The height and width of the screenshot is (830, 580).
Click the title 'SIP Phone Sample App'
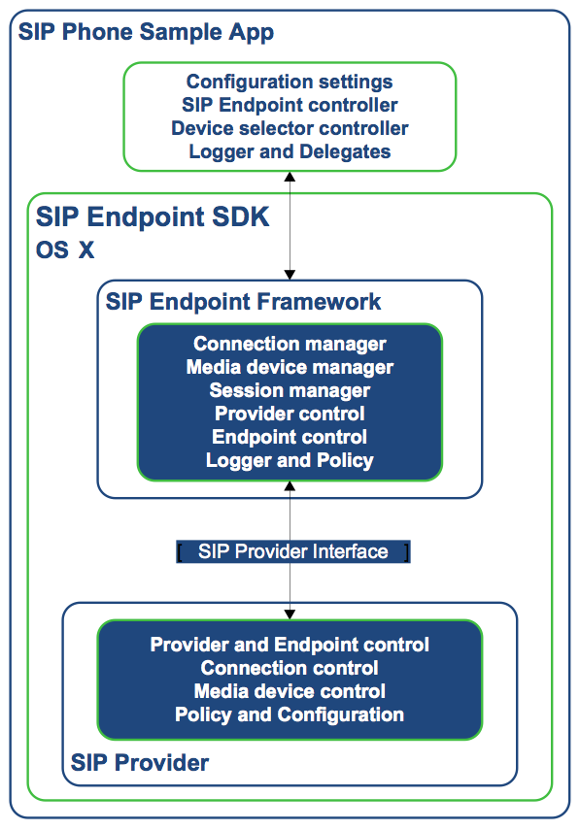[x=146, y=33]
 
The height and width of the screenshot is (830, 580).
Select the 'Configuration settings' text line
[x=290, y=83]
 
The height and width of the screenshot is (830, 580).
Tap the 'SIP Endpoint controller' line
[x=290, y=105]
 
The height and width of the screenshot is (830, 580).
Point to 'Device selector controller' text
[x=290, y=128]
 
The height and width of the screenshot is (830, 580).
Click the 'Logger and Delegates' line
[x=290, y=151]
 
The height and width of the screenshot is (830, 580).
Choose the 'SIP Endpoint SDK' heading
[x=153, y=217]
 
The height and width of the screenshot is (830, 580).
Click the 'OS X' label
[x=65, y=249]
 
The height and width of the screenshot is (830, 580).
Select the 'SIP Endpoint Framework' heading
[x=243, y=302]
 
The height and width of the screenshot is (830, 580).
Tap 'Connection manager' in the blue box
[x=290, y=344]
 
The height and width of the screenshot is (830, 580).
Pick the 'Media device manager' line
[x=290, y=367]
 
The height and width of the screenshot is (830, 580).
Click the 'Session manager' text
[x=290, y=390]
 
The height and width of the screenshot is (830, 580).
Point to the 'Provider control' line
[x=290, y=414]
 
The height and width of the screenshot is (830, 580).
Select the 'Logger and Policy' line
[x=290, y=460]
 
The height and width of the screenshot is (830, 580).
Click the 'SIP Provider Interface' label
[x=292, y=551]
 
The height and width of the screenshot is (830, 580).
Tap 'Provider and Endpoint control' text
[x=290, y=645]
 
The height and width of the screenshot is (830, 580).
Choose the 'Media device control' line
[x=290, y=691]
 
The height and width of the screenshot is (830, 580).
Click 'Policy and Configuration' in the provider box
[x=290, y=714]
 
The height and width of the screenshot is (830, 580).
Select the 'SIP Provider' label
[x=140, y=763]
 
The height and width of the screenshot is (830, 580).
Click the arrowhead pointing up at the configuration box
[x=290, y=177]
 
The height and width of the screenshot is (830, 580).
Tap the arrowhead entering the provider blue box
[x=290, y=614]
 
